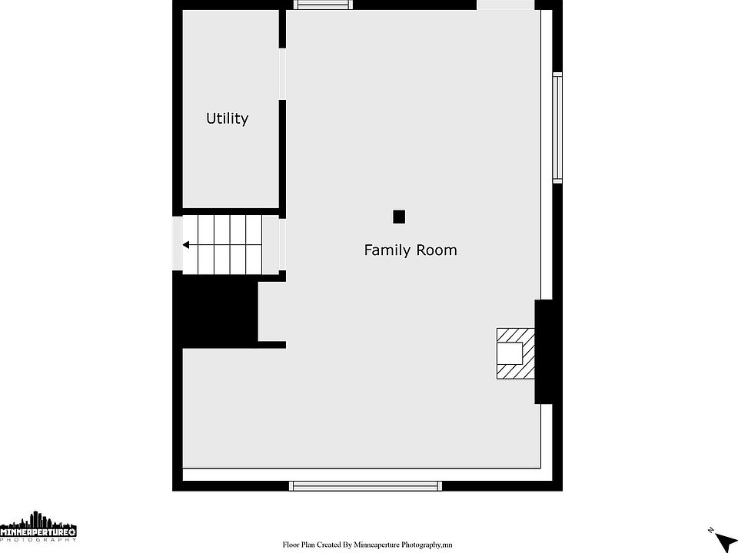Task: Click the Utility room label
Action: pos(227,118)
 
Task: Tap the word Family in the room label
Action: pos(384,250)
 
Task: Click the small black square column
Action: pos(399,217)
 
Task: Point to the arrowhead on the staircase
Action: pos(186,245)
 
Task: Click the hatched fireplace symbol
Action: pos(516,353)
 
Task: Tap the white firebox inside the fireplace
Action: pos(510,353)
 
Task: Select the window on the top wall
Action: pos(323,5)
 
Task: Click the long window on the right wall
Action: pos(557,127)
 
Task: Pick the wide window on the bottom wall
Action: pos(365,485)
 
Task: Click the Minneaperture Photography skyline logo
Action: pos(38,527)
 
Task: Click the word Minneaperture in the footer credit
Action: pos(377,545)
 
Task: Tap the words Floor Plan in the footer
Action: pos(298,545)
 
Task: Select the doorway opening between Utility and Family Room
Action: pos(282,74)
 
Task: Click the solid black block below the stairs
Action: pos(215,310)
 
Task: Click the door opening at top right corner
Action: pos(506,5)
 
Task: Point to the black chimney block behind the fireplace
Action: pos(544,352)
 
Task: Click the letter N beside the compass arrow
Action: pos(710,531)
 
